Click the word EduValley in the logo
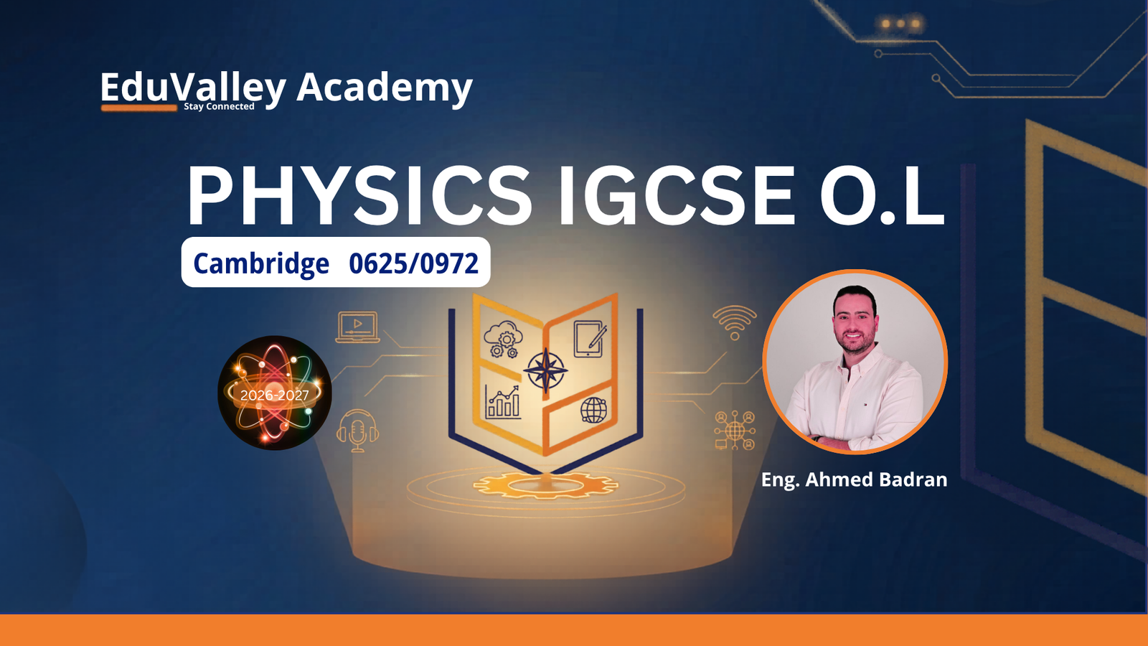193,88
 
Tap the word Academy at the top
385,88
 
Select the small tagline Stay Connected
219,107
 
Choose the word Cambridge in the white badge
261,263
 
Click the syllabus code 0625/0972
413,263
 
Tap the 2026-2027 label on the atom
275,395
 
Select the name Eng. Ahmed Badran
854,479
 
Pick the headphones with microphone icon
358,431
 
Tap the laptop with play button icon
358,327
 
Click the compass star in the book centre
545,370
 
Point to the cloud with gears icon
503,339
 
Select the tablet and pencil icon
590,338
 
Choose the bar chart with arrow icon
502,403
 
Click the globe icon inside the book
593,410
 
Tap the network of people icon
735,430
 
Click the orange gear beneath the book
545,485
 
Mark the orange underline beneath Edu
139,108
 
